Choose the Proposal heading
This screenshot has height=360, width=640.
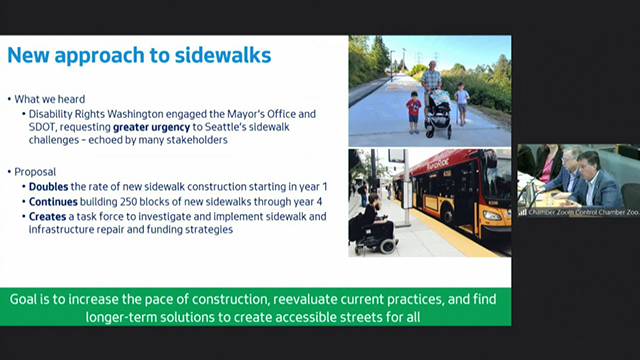tap(35, 172)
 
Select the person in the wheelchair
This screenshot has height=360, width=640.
tap(372, 225)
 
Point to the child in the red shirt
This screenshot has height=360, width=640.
tap(414, 111)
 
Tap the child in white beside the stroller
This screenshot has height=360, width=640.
tap(462, 104)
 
